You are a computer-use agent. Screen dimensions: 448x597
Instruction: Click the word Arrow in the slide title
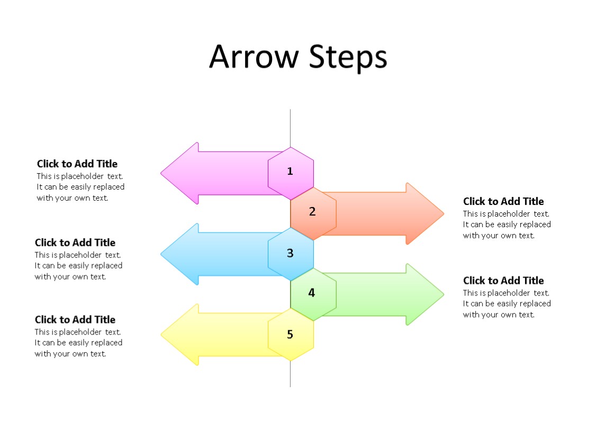click(254, 57)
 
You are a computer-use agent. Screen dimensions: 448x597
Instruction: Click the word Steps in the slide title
click(348, 58)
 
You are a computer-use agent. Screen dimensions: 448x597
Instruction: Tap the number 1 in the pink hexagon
click(290, 171)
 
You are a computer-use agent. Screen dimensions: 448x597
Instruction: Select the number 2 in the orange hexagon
click(312, 212)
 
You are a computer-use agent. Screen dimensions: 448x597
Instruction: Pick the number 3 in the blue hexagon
click(290, 254)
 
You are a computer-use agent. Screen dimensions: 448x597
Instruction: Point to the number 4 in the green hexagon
click(312, 293)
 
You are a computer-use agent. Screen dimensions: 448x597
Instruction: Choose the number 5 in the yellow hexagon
click(290, 335)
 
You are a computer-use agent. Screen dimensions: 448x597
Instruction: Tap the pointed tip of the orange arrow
click(442, 214)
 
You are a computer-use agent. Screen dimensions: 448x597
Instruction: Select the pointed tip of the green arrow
click(442, 294)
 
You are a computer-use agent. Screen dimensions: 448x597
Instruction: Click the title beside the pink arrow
click(77, 164)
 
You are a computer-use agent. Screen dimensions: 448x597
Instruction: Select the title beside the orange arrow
click(503, 201)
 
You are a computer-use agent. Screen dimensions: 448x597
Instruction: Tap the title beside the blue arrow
click(75, 243)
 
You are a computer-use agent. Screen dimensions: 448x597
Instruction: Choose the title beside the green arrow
click(503, 281)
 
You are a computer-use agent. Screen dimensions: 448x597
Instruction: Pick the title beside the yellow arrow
click(75, 320)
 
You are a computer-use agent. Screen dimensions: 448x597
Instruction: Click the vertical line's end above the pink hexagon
click(290, 111)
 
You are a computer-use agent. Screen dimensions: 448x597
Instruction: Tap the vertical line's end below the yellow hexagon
click(290, 385)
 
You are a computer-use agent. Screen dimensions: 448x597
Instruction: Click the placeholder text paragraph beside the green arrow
click(506, 304)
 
